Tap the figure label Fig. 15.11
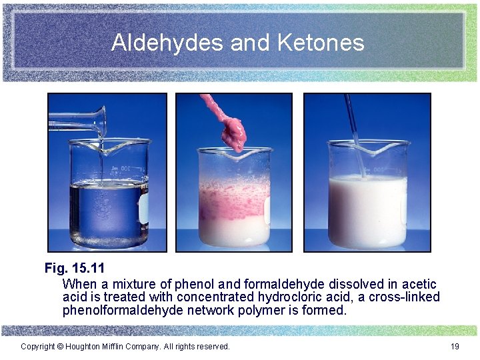click(x=75, y=269)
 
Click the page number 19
click(x=455, y=347)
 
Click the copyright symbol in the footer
click(x=60, y=347)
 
